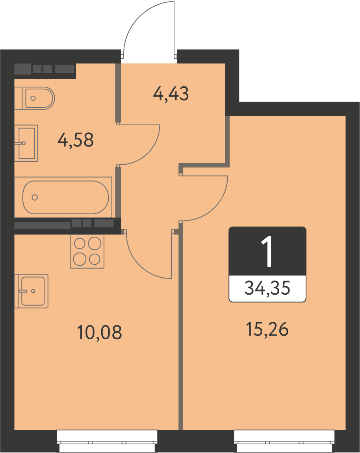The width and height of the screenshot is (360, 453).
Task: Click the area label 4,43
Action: click(171, 94)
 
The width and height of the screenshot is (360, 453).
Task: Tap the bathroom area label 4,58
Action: click(76, 140)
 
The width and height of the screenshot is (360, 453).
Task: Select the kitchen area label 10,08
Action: click(100, 332)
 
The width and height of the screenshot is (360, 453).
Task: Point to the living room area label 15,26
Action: click(267, 329)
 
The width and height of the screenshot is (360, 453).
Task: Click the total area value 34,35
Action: click(267, 288)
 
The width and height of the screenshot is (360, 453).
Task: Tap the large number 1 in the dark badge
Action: click(267, 251)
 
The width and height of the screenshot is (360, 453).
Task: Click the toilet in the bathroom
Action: click(34, 98)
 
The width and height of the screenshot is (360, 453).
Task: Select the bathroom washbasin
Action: click(26, 143)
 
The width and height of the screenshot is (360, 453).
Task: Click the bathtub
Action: click(63, 197)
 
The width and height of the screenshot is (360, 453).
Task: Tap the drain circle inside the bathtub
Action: click(35, 197)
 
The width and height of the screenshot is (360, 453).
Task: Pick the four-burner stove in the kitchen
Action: click(87, 251)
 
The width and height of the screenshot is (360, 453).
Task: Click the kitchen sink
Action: click(31, 291)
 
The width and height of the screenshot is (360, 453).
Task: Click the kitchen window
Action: click(107, 441)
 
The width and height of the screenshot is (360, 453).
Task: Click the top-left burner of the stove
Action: click(80, 243)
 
